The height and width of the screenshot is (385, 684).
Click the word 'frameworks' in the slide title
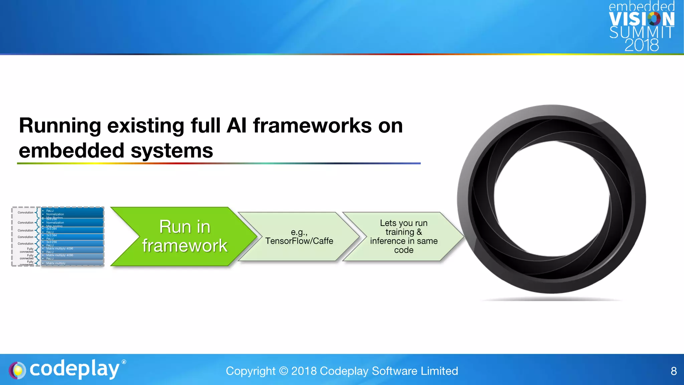(x=312, y=126)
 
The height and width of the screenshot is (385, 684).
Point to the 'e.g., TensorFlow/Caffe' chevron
(x=299, y=237)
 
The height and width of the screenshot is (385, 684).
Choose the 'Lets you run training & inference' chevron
(x=403, y=237)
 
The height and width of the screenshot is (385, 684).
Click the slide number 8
(x=674, y=371)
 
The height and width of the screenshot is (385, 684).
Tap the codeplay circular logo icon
(x=17, y=370)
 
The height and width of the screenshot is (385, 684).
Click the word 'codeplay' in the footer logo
(x=74, y=369)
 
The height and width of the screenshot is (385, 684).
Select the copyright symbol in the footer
(x=283, y=371)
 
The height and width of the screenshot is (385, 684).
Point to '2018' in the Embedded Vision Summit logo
(x=642, y=45)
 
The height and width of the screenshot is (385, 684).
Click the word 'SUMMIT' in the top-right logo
(x=642, y=32)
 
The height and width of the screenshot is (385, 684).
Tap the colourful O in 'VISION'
(x=654, y=19)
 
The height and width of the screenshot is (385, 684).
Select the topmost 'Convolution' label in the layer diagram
(x=25, y=213)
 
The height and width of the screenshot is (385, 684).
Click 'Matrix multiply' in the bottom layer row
(x=56, y=263)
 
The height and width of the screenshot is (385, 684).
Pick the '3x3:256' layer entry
(x=51, y=242)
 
